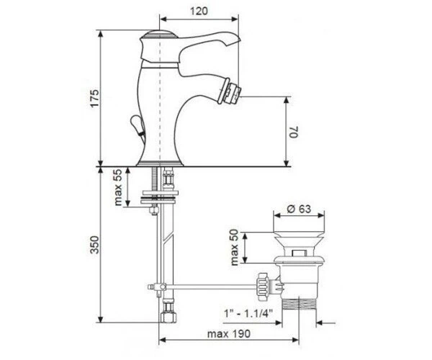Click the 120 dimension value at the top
[x=199, y=12]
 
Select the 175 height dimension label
[x=94, y=99]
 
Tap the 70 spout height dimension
[x=294, y=132]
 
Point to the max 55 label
[x=118, y=187]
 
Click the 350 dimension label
[x=94, y=245]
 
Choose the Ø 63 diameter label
[x=299, y=209]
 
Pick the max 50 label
[x=234, y=248]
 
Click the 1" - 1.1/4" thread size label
[x=248, y=313]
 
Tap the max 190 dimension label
[x=229, y=334]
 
